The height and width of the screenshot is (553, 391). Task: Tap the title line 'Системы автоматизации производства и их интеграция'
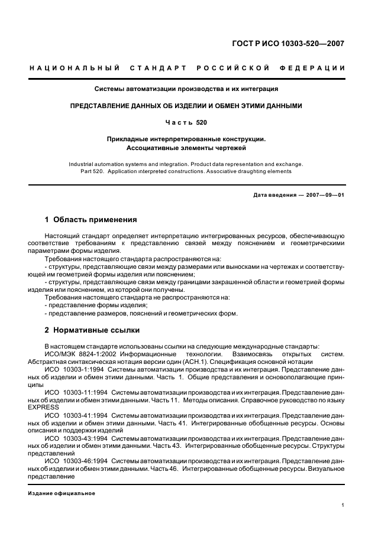click(186, 89)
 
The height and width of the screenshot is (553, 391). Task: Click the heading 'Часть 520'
click(186, 122)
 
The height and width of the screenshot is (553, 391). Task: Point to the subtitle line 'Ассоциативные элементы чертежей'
click(186, 148)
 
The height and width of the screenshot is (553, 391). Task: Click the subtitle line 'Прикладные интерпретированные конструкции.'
click(186, 139)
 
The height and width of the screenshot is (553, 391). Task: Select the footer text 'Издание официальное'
click(62, 493)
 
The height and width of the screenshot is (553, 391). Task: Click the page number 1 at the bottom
click(343, 505)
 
